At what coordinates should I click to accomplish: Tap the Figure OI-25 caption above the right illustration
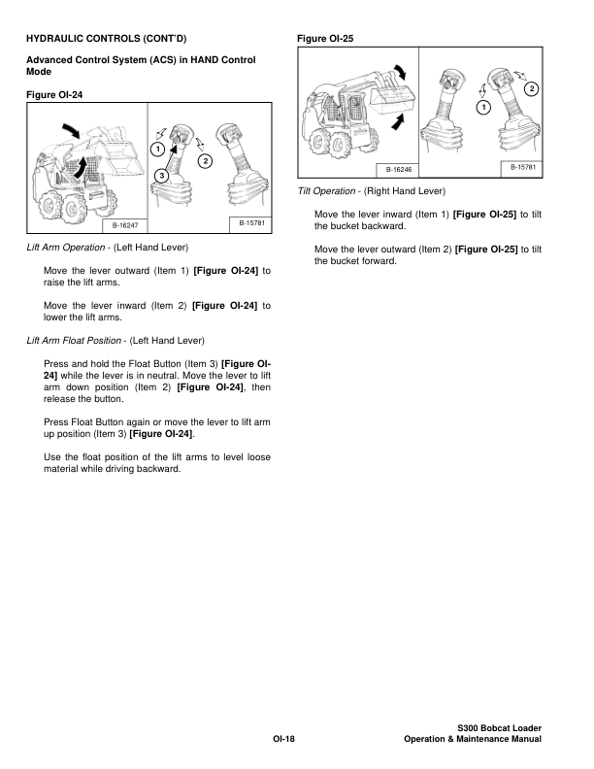329,39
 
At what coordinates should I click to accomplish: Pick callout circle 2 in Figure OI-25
530,89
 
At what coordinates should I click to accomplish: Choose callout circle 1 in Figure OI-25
482,106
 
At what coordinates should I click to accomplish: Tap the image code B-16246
400,170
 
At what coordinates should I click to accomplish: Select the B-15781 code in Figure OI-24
251,224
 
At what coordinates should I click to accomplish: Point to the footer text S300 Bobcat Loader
499,728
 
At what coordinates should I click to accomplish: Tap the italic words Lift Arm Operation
65,248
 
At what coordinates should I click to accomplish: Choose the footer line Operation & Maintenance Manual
473,741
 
